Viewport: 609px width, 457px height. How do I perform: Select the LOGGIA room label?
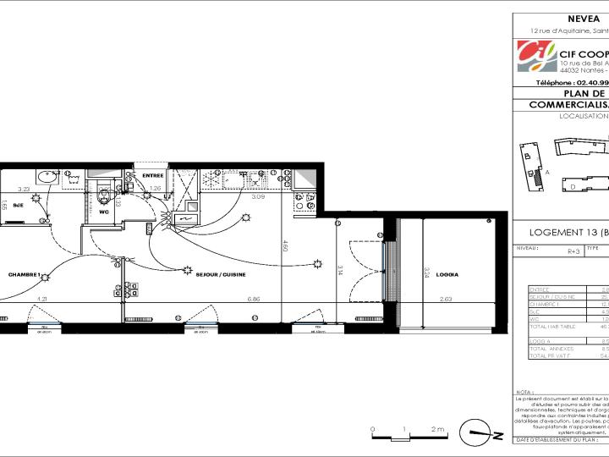(447, 275)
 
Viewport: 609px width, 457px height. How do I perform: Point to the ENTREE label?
(152, 176)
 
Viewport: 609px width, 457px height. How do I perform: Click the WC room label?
(104, 212)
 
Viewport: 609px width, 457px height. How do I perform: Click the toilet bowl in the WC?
(104, 195)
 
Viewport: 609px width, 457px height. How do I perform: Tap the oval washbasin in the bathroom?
(46, 179)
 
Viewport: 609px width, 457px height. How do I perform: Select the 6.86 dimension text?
(253, 299)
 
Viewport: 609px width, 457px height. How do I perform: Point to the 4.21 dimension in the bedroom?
(41, 299)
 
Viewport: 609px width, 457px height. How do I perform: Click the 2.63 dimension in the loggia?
(447, 299)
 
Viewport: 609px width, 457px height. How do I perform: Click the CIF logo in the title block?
(535, 58)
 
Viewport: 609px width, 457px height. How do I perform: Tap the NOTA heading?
(526, 392)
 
